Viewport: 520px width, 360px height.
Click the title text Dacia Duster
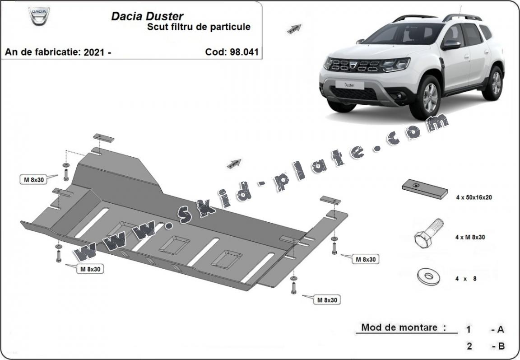tap(147, 16)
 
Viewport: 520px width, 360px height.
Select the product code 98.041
tap(243, 51)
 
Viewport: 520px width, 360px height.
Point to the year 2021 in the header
tap(95, 52)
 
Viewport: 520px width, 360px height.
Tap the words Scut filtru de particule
tap(199, 27)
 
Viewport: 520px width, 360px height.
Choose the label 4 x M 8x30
tap(470, 237)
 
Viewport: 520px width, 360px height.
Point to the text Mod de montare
tap(400, 328)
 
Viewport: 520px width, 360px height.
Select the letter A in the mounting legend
tap(500, 330)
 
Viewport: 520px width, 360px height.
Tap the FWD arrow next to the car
tap(294, 29)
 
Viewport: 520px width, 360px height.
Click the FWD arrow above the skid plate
tap(234, 164)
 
